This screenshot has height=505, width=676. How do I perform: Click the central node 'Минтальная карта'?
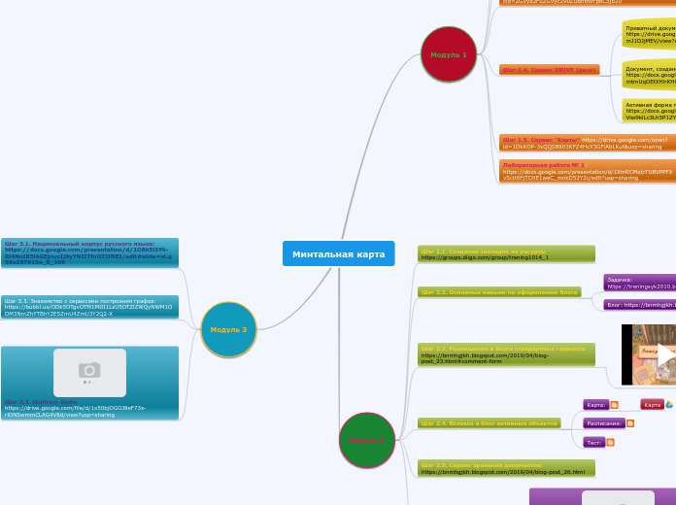click(338, 253)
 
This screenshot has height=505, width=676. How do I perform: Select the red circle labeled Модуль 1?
click(449, 54)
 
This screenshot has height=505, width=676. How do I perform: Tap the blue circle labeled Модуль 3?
click(228, 329)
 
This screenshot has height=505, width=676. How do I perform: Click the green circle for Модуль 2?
click(367, 440)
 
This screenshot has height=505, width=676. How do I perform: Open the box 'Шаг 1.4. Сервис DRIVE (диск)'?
click(550, 70)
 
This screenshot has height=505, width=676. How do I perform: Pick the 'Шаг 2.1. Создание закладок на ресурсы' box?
click(506, 253)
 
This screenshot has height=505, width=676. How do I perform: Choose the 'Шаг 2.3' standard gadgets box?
click(506, 353)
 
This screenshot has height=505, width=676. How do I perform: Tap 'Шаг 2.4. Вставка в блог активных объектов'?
click(490, 423)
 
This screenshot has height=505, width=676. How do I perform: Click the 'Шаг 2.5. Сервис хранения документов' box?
click(506, 468)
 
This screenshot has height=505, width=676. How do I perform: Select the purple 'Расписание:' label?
click(603, 423)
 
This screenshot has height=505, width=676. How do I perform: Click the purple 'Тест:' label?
click(594, 442)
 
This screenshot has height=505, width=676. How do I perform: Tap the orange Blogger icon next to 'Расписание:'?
click(631, 423)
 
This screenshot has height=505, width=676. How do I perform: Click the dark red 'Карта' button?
click(652, 405)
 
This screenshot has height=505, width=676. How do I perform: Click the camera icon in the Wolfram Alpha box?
click(89, 370)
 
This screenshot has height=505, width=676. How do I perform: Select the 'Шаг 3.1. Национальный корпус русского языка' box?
click(89, 252)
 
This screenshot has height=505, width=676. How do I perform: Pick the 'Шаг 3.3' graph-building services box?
click(89, 307)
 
